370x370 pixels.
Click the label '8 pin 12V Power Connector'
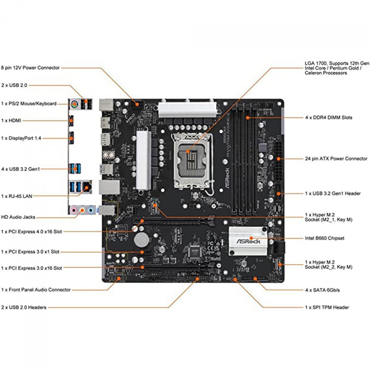coord(31,68)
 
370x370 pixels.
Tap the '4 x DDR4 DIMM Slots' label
coord(328,117)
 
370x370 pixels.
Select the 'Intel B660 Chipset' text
coord(324,238)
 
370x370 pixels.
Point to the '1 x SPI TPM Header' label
coord(327,307)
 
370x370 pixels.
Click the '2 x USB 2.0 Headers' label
coord(24,307)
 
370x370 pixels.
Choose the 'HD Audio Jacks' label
coord(18,217)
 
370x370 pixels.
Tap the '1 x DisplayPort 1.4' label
coord(21,138)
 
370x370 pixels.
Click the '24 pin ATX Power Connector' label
coord(336,159)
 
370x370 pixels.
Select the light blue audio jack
coord(91,211)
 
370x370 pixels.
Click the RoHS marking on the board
coord(216,259)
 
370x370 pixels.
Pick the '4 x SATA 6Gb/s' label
coord(323,290)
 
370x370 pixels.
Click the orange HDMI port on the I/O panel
coord(71,121)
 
